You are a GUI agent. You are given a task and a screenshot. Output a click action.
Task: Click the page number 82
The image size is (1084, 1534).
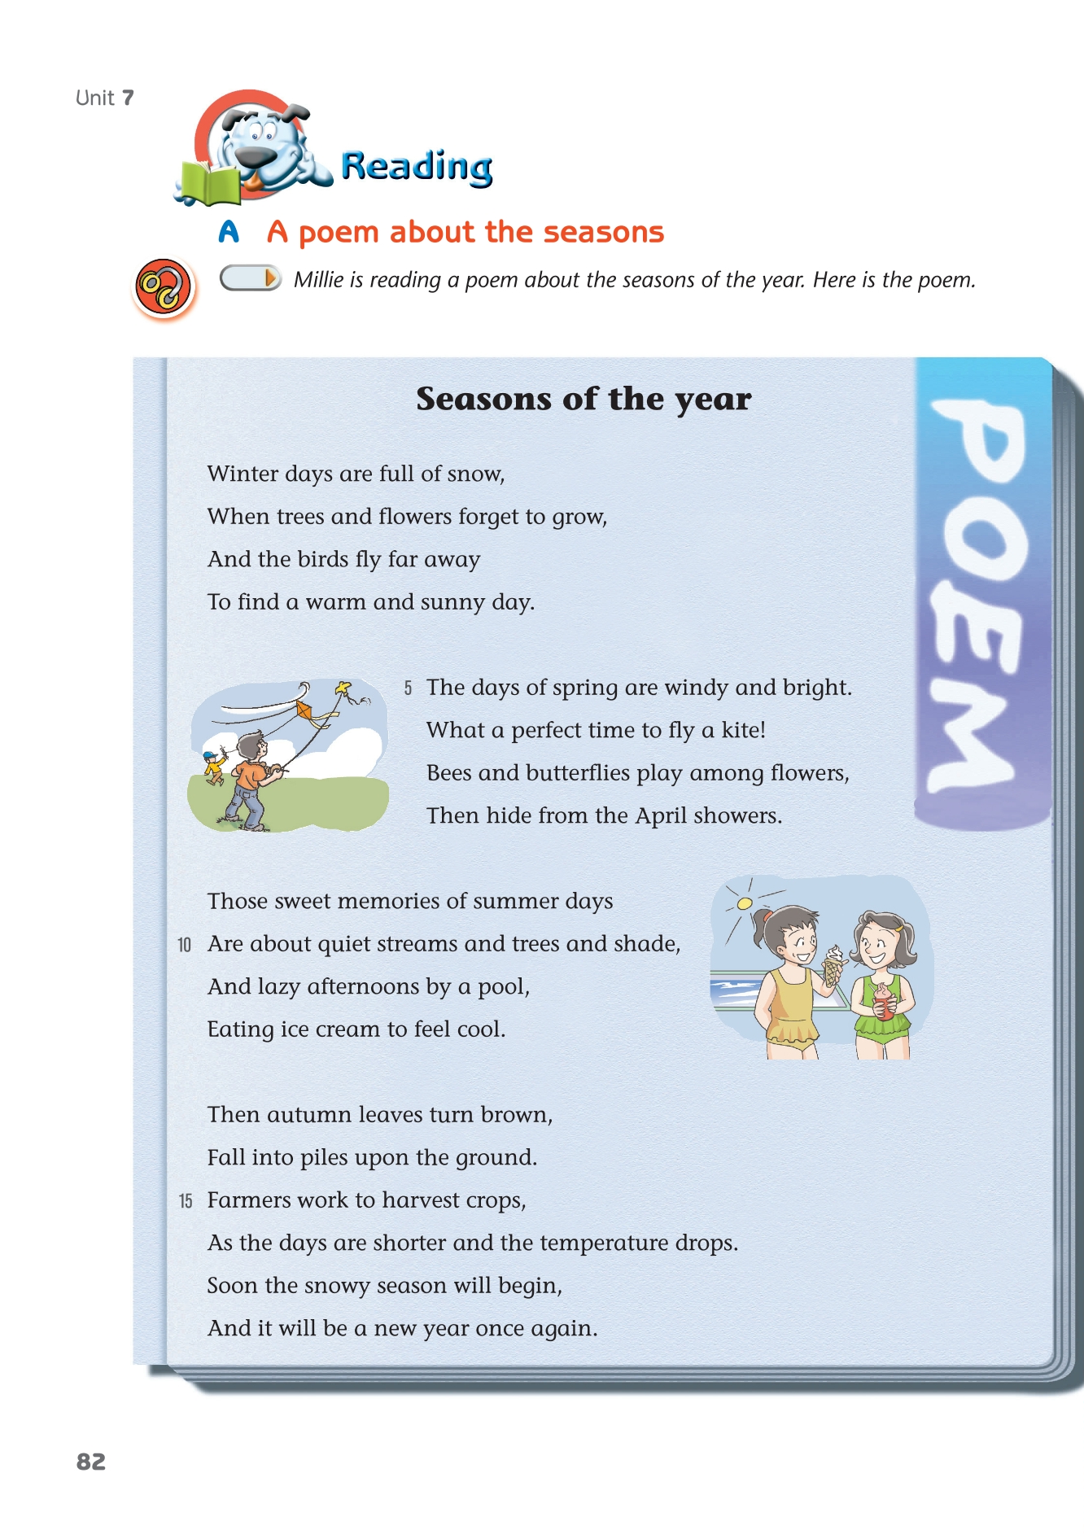[91, 1462]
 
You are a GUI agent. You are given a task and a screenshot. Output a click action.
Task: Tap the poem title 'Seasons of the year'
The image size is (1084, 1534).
[584, 399]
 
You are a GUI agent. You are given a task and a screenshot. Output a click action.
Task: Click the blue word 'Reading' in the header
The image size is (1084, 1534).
[417, 166]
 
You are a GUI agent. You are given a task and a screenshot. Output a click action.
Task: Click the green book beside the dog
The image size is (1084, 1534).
[210, 183]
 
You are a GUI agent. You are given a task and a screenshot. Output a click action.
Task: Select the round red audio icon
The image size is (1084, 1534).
[164, 287]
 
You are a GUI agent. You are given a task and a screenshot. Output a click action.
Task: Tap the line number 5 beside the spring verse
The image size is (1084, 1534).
[408, 688]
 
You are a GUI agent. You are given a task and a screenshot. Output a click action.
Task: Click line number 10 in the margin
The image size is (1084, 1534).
[185, 945]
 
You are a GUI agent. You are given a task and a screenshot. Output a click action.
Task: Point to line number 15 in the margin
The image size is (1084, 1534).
[186, 1201]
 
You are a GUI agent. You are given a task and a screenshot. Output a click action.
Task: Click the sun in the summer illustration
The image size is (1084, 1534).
[744, 903]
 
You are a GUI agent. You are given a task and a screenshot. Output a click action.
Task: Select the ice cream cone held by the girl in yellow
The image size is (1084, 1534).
[833, 966]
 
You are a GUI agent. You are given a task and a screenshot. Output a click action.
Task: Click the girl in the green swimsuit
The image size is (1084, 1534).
[882, 985]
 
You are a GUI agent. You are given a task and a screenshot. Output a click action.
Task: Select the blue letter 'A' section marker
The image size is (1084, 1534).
[229, 232]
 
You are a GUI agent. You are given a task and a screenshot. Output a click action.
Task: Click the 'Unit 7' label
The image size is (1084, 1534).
[104, 98]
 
